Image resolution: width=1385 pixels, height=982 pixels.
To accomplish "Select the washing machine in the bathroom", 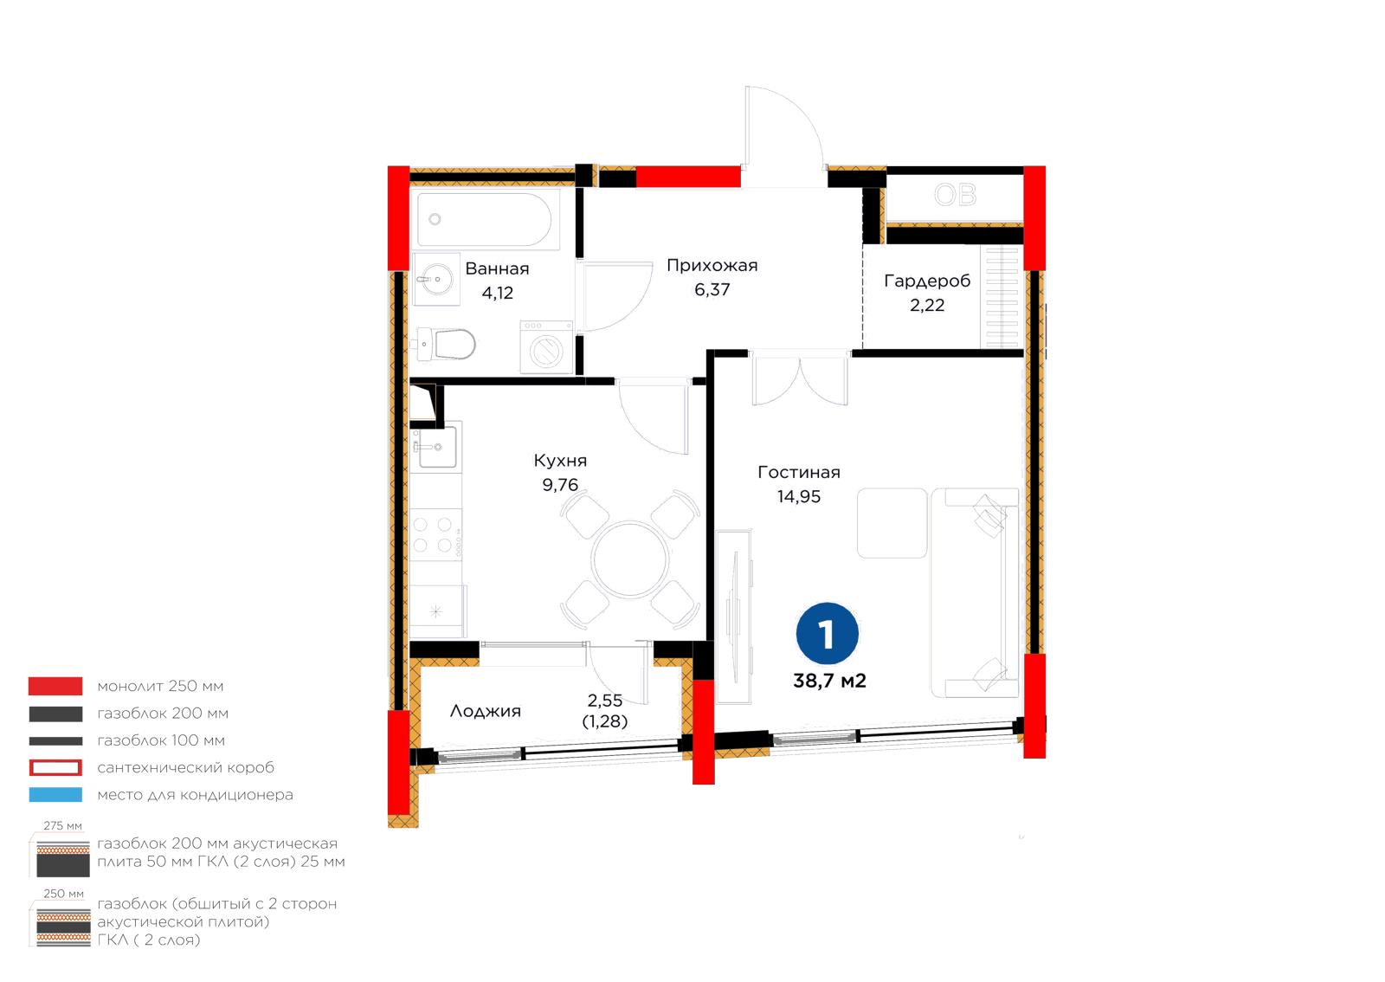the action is coord(546,347).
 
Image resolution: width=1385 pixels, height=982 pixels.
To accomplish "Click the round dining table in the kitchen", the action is coord(629,559).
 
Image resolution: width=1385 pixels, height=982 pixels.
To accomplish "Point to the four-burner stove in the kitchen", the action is coord(435,534).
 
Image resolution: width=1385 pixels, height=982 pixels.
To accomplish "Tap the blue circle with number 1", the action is coord(827,634).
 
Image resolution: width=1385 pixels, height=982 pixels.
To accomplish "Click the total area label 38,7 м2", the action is coord(829,681).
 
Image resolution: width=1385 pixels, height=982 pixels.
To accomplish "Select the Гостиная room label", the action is coord(799,473).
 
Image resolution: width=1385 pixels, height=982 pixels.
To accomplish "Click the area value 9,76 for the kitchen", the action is coord(560,485).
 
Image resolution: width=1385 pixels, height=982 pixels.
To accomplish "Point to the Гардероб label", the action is coord(927,281).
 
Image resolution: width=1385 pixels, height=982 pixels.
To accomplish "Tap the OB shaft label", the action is coord(956,195).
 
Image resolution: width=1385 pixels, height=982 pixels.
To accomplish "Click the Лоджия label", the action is coord(486,711).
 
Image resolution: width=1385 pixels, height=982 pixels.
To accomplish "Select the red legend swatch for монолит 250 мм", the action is coord(55,686).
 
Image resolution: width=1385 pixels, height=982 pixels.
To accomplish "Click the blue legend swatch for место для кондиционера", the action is coord(55,795).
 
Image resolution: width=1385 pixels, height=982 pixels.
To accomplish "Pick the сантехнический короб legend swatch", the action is coord(55,767).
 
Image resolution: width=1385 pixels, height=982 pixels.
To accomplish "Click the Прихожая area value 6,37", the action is coord(712,289).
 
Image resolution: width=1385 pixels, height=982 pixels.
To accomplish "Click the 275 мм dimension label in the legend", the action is coord(62,826).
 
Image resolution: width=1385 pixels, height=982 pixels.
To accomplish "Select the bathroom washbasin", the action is coord(436,279).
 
